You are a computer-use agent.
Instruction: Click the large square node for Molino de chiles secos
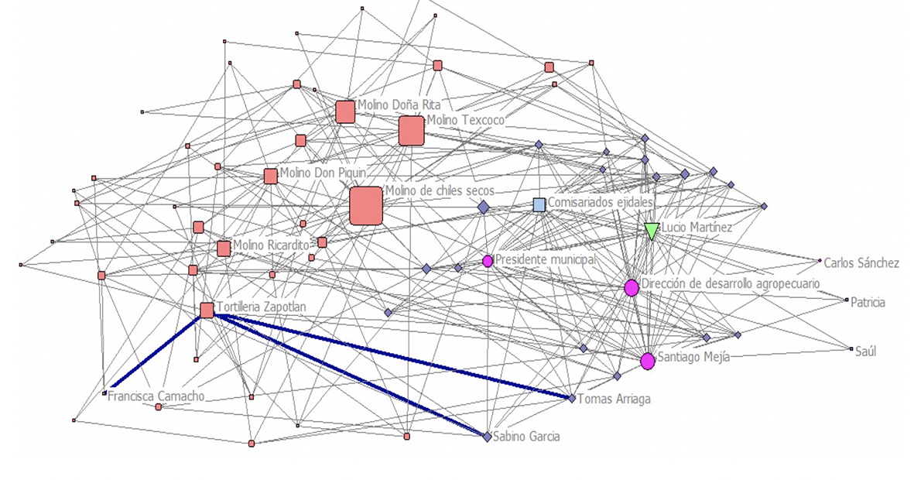tap(366, 205)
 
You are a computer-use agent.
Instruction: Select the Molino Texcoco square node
tap(412, 131)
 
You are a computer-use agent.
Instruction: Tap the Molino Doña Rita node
tap(345, 112)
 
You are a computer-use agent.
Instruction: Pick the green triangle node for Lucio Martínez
tap(652, 231)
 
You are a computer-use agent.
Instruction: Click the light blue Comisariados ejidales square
tap(539, 204)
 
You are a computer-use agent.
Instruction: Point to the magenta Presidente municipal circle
tap(488, 261)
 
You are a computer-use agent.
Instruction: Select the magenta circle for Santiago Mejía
tap(648, 361)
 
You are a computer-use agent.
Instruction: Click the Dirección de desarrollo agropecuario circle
tap(632, 287)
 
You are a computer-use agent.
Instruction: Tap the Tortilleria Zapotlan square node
tap(207, 310)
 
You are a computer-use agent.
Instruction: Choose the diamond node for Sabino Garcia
tap(488, 436)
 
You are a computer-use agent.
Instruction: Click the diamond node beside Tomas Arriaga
tap(572, 399)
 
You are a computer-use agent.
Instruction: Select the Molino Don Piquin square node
tap(270, 177)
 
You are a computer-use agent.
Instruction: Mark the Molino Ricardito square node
tap(224, 249)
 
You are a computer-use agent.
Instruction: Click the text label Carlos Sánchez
tap(861, 263)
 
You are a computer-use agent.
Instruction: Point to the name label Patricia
tap(868, 302)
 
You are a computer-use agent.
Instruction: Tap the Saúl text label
tap(865, 351)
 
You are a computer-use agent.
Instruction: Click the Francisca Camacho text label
tap(156, 396)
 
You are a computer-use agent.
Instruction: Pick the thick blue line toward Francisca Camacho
tap(157, 351)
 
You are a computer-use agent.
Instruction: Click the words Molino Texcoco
tap(466, 119)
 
